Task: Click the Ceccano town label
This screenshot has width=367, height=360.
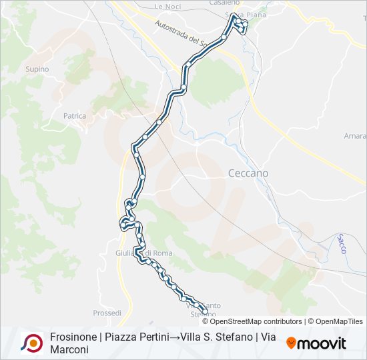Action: tap(248, 173)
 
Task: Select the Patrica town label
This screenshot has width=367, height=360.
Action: tap(75, 116)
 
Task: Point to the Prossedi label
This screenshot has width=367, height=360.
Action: tap(107, 312)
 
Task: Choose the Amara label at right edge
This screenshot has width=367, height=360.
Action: tap(354, 136)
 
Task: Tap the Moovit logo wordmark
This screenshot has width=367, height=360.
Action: tap(321, 344)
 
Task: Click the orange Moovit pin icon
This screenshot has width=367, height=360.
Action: tap(291, 343)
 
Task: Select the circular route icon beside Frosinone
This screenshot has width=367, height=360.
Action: tap(32, 343)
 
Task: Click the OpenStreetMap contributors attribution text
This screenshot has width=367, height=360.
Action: tap(256, 321)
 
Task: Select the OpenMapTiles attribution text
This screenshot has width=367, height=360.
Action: tap(338, 321)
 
